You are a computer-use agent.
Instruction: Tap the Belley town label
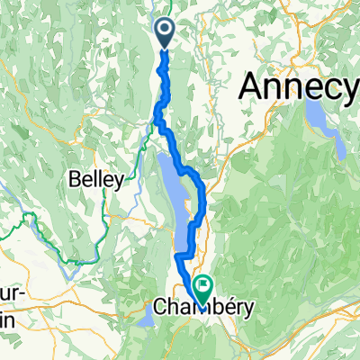tap(95, 180)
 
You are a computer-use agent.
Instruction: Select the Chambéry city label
tap(204, 308)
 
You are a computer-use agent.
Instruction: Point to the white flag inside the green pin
tap(204, 288)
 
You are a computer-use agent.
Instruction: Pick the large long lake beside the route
tap(176, 193)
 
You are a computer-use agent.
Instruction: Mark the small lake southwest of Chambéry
tap(148, 317)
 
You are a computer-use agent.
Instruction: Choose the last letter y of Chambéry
tap(248, 310)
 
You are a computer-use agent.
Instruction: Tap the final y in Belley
tap(118, 183)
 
